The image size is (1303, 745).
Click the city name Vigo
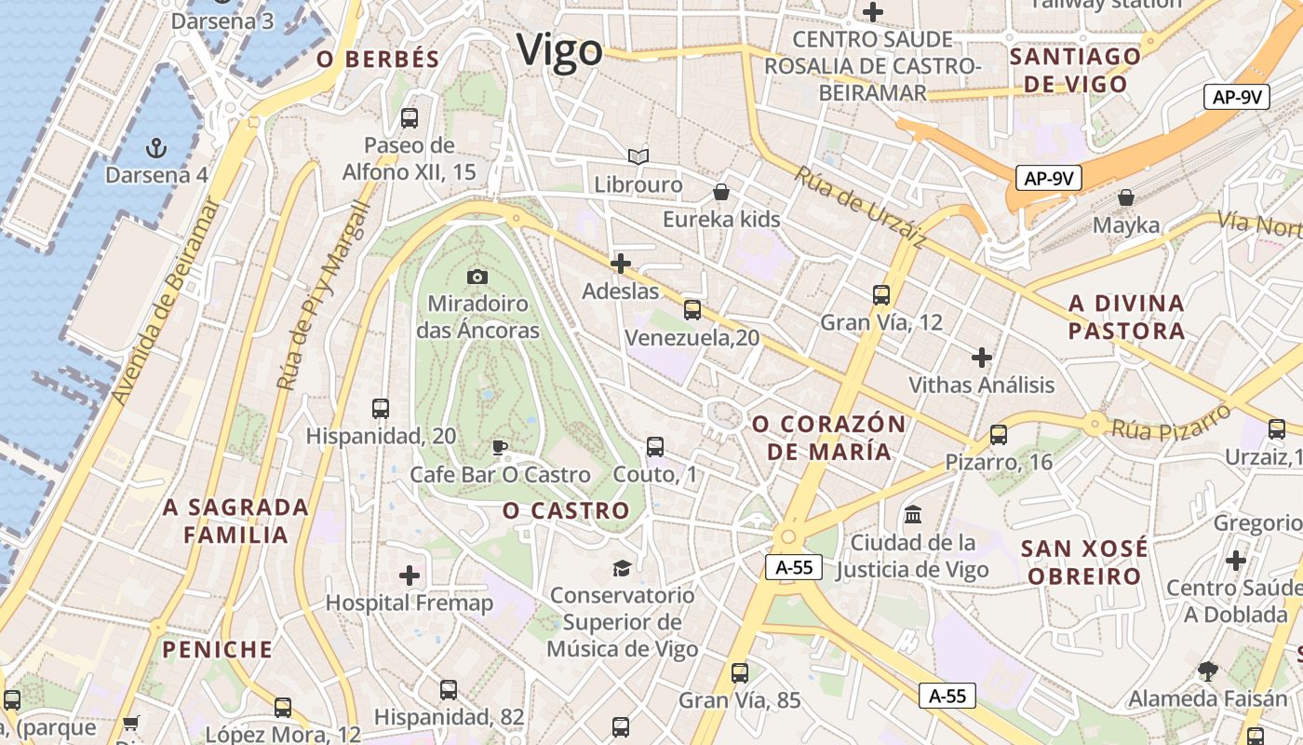click(560, 49)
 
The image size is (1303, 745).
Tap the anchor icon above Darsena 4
click(156, 147)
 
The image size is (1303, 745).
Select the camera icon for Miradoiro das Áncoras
click(477, 277)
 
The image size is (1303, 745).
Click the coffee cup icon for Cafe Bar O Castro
click(500, 447)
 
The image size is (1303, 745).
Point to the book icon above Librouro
click(638, 156)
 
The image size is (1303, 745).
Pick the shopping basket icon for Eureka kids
click(720, 193)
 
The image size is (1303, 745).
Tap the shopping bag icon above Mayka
click(1126, 197)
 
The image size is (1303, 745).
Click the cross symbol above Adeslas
click(621, 264)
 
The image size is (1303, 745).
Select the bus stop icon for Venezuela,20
click(692, 310)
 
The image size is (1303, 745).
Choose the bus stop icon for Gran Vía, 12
click(881, 295)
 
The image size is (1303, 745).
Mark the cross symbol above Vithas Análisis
click(982, 357)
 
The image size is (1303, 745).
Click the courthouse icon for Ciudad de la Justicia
click(913, 515)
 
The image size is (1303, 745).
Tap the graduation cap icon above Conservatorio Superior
click(621, 567)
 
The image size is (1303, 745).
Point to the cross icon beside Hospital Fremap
click(410, 576)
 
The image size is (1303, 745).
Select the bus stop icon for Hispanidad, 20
click(380, 408)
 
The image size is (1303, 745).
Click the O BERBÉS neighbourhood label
click(378, 60)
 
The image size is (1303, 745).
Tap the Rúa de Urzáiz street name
click(860, 207)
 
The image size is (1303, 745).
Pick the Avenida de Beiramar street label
click(168, 303)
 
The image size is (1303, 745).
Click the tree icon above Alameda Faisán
click(1208, 670)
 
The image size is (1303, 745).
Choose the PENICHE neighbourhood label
click(218, 649)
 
